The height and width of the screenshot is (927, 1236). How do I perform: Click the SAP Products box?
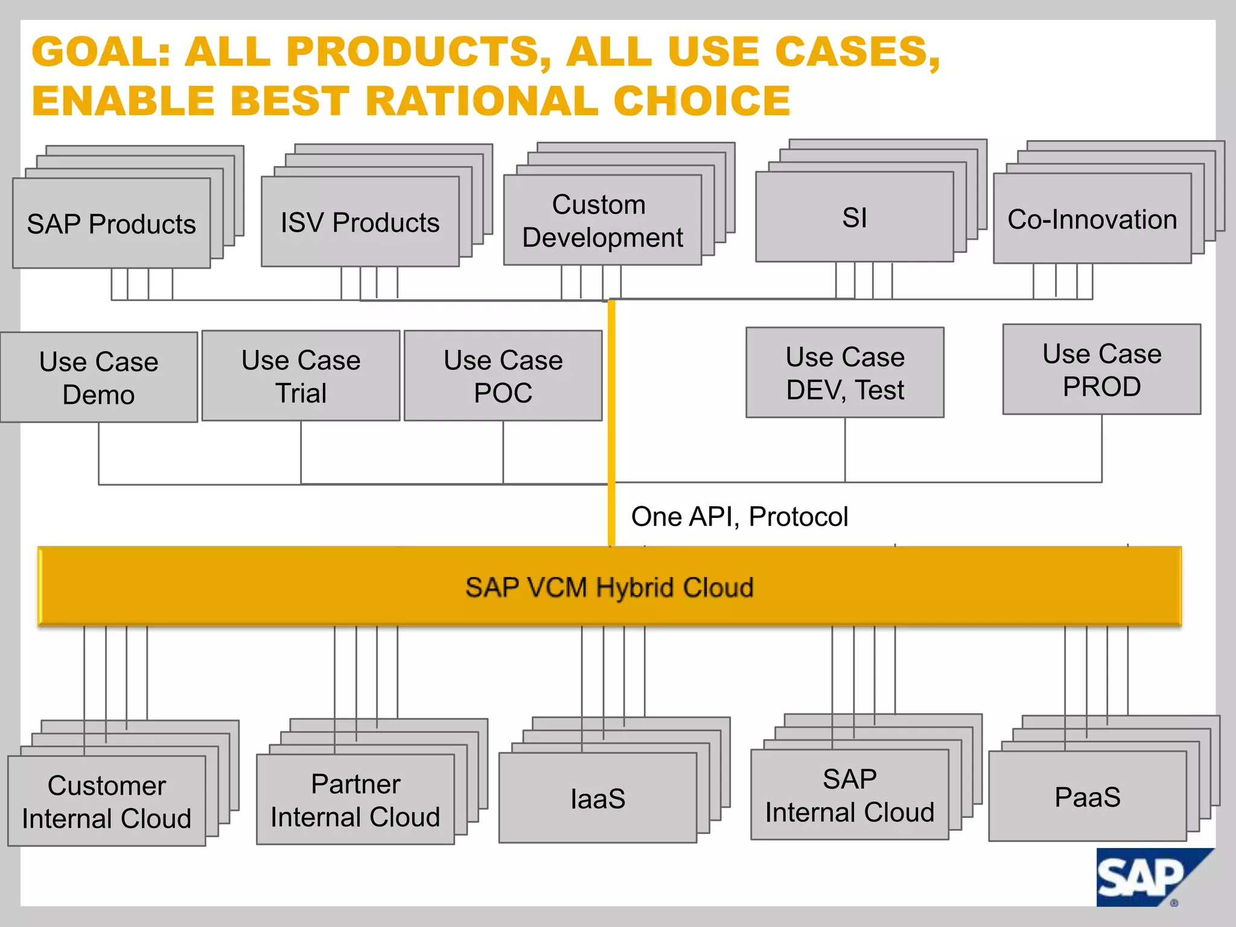pos(112,223)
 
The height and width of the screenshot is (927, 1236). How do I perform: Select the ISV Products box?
pos(360,221)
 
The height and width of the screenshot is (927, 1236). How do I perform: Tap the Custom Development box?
pos(602,220)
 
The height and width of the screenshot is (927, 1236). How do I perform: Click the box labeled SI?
pos(854,217)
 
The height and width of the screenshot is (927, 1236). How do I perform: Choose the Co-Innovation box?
pos(1092,219)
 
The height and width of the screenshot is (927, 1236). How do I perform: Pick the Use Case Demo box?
pos(99,377)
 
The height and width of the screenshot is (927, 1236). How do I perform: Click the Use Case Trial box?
pos(301,375)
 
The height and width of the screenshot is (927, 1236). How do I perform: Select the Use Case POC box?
pos(503,375)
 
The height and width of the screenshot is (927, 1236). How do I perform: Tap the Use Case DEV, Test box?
pos(844,372)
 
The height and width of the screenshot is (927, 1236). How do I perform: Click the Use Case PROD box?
pos(1101,369)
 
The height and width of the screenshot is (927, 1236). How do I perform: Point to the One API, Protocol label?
pos(739,517)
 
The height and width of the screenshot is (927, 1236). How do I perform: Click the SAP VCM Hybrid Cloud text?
pos(609,587)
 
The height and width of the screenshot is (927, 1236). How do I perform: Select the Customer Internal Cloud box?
pos(107,801)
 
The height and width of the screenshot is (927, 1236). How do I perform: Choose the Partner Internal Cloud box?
pos(355,800)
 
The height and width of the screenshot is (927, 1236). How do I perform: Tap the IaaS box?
pos(597,798)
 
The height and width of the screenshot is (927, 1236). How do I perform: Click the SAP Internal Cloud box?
pos(849,795)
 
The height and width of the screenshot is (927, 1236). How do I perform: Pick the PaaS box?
pos(1087,797)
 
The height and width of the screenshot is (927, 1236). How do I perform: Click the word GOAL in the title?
pos(100,52)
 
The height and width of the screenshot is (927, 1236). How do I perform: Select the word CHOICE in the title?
pos(701,101)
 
